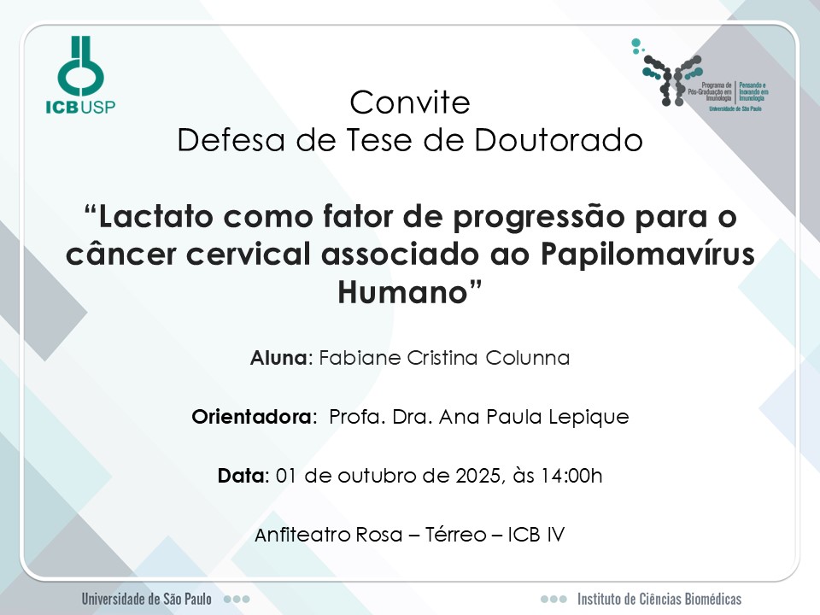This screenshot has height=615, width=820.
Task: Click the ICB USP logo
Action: pos(80,75)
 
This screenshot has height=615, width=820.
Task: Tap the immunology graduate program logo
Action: pos(700,75)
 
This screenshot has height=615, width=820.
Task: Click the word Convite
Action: pos(410,102)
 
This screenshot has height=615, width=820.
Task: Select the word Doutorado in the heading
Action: pos(559,139)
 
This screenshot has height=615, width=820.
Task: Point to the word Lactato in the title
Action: pos(155,216)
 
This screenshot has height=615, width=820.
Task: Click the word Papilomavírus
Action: pos(648,255)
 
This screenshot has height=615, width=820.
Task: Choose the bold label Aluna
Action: pos(278,358)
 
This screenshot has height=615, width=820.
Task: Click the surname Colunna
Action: pos(528,358)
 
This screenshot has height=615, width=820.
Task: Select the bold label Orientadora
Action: pos(251,417)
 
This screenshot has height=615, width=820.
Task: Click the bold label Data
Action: pos(241,476)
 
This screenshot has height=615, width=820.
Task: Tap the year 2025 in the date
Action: pos(477,476)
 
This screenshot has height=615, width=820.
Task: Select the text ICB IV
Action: pos(536,535)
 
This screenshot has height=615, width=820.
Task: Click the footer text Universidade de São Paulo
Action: pos(146,599)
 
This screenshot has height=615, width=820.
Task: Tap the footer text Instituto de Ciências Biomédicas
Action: pos(659,599)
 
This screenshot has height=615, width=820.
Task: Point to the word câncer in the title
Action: pos(120,254)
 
